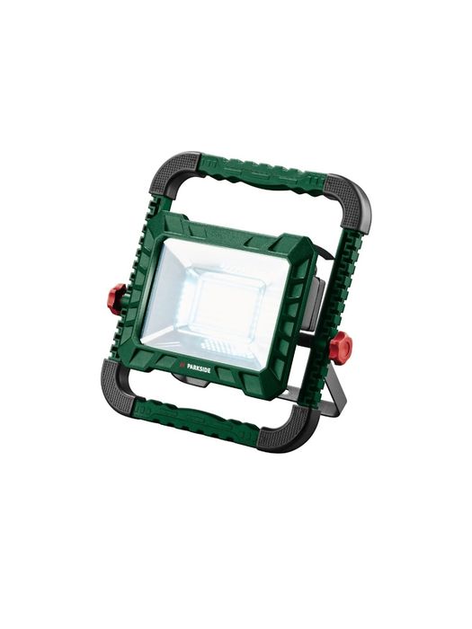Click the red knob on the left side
[x=117, y=298]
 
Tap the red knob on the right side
[x=341, y=345]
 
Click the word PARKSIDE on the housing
[x=198, y=370]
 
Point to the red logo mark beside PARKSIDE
[x=179, y=368]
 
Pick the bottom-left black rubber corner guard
[x=119, y=386]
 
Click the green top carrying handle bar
[x=263, y=173]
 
